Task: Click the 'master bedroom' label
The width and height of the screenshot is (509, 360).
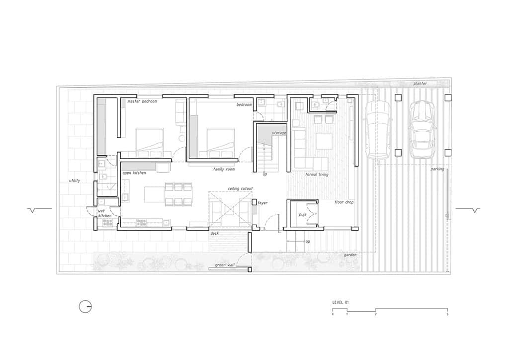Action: pos(142,101)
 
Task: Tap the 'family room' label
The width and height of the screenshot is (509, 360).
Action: pos(224,169)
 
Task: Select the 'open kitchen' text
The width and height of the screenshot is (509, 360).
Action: pos(134,173)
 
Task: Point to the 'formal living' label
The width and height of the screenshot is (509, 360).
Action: pos(317,175)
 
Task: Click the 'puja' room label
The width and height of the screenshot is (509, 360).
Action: pos(302,215)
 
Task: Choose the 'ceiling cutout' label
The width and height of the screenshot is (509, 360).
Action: pos(240,188)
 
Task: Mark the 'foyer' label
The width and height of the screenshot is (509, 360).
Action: pos(263,203)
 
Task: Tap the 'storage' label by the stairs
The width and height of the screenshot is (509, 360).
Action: pos(279,133)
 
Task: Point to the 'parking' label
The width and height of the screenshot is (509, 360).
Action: pos(437,169)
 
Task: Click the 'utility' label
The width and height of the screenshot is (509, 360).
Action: pos(74,180)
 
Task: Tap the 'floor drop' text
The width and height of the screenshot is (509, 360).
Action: pos(344,202)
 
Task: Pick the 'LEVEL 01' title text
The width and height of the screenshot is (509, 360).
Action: pos(340,302)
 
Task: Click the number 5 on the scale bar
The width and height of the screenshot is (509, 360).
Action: pos(447,314)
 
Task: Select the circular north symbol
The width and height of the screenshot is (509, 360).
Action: pos(85,307)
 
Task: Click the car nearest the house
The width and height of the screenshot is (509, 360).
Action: pos(377,130)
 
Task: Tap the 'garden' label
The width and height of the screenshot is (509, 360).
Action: pos(350,255)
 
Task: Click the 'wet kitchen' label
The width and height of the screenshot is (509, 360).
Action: pos(104,213)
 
